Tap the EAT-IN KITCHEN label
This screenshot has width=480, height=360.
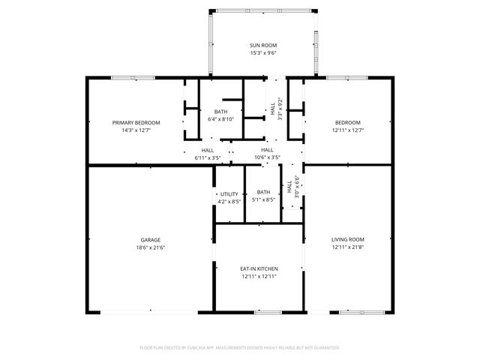(x=259, y=268)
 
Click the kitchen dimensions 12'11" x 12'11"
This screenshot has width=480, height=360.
(x=259, y=276)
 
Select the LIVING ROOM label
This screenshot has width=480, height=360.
(x=347, y=240)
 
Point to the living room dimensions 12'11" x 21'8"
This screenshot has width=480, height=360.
(x=347, y=248)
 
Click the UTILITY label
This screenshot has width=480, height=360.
(x=229, y=194)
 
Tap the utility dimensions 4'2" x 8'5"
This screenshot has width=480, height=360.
(x=229, y=202)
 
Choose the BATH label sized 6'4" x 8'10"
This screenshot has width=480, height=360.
(x=220, y=111)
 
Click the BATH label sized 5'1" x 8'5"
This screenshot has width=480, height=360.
(x=263, y=193)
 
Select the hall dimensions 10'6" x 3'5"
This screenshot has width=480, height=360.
(x=267, y=157)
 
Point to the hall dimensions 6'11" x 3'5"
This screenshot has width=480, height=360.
(x=207, y=157)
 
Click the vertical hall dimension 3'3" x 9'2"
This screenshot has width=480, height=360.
(x=280, y=109)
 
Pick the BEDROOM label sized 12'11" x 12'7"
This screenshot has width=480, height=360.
(x=347, y=122)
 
